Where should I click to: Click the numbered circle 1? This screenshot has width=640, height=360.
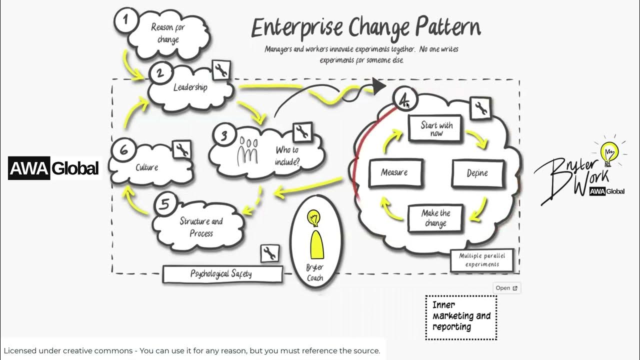click(x=125, y=20)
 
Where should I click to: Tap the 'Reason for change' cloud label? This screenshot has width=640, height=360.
click(x=168, y=33)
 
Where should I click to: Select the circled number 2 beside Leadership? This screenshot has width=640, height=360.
click(x=159, y=73)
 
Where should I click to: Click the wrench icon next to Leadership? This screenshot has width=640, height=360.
click(x=221, y=70)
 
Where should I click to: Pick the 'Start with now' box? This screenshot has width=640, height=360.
click(x=436, y=129)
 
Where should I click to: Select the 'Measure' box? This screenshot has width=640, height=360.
click(x=395, y=172)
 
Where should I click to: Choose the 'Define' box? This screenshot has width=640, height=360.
click(x=477, y=173)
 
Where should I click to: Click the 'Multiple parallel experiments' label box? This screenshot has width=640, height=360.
click(x=482, y=260)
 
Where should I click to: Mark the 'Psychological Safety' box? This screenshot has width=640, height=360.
click(x=221, y=274)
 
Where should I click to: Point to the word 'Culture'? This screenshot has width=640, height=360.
click(x=146, y=167)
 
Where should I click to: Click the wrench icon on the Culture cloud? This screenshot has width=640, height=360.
click(x=181, y=149)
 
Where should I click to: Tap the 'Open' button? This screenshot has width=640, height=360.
click(x=506, y=288)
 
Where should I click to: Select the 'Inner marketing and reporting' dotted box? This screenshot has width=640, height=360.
click(x=460, y=316)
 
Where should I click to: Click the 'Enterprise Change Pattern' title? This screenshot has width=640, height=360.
click(x=365, y=28)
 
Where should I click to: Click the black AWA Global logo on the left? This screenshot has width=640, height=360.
click(x=54, y=168)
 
